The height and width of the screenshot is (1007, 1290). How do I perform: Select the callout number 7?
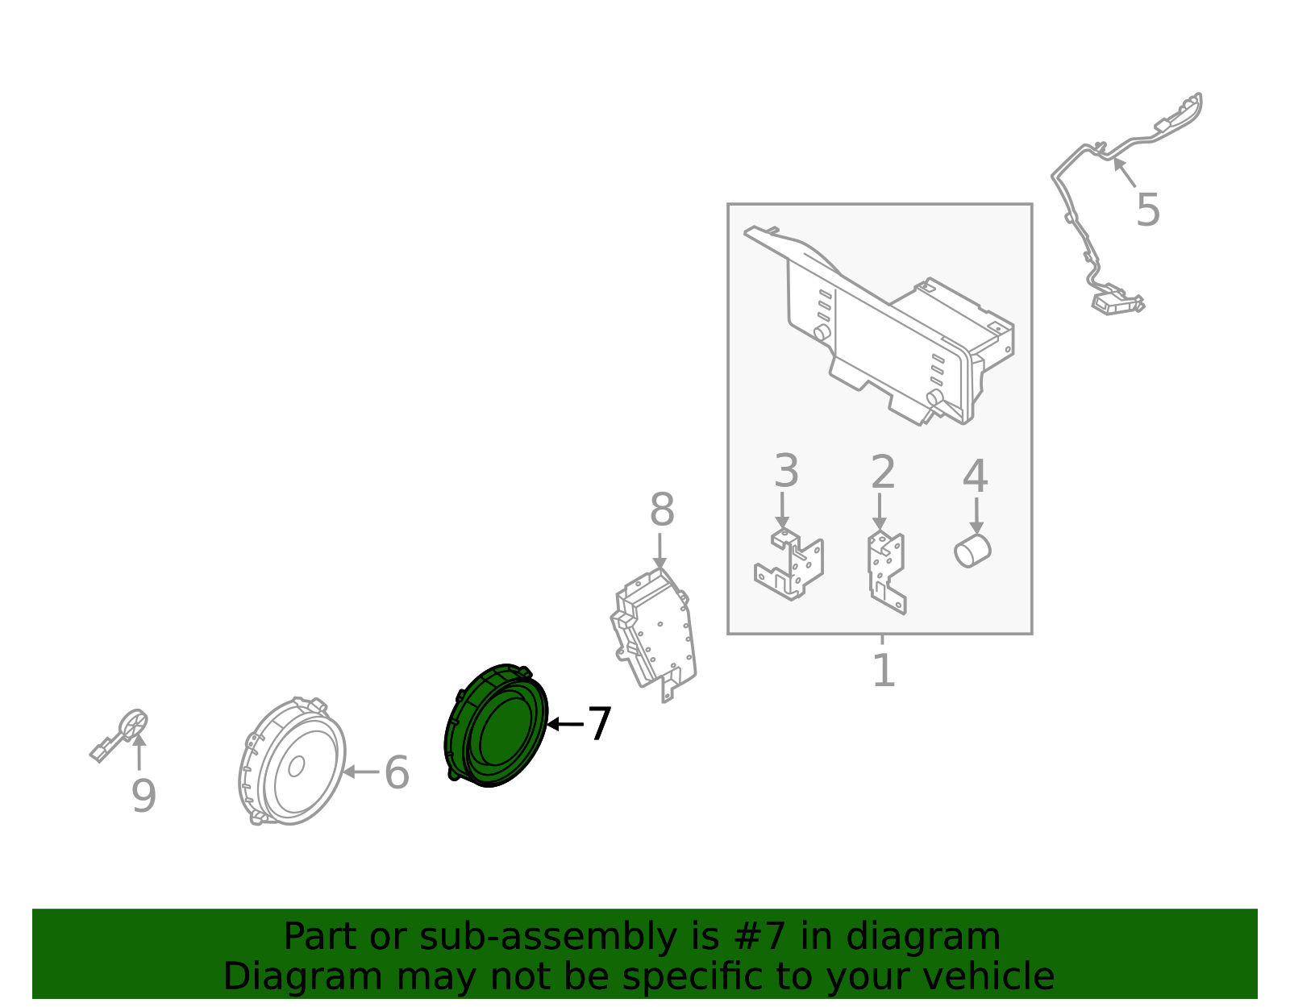pos(599,724)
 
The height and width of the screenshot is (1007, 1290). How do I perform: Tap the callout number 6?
pos(397,772)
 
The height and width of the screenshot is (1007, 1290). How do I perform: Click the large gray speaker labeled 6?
pos(293,763)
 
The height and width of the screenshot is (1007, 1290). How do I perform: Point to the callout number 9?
pos(144,797)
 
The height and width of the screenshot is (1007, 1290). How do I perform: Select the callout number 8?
pos(662,510)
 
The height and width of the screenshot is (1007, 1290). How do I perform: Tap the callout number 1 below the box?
pos(884,670)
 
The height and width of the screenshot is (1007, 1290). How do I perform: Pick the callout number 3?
pos(786,471)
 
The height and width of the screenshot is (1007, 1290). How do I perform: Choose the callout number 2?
pos(883,472)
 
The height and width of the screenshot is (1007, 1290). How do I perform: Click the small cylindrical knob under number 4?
pos(972,551)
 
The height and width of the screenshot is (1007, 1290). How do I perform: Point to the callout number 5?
pos(1147,210)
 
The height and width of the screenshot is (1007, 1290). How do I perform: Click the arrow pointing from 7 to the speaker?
pos(564,724)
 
